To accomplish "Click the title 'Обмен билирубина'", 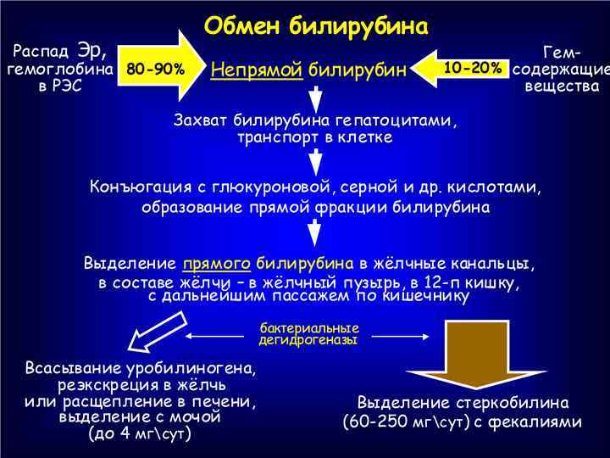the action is coord(316,25).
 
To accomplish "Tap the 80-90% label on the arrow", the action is coord(155,69).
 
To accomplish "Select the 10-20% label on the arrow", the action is coord(471,68).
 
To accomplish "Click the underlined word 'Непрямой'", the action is coord(257,70).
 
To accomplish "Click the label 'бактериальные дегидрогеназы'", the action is coord(308,333).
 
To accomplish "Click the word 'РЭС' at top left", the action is coord(60,87).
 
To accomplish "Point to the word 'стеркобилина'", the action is coord(516,402).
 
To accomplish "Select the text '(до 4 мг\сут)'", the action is coord(140,433).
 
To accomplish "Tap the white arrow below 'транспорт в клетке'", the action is coord(315,160).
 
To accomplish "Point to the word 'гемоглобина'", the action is coord(60,69).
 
